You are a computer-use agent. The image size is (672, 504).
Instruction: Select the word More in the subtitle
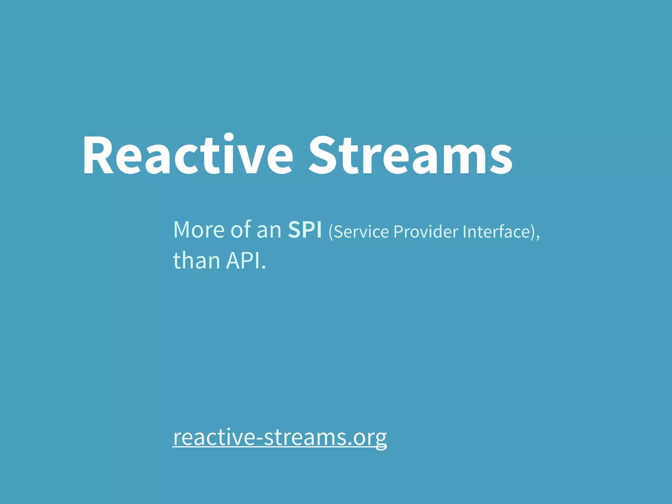[x=199, y=230]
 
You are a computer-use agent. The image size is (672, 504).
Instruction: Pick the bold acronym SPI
[x=305, y=230]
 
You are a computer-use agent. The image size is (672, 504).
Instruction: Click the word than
[x=196, y=261]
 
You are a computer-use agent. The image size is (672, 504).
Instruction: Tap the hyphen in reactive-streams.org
[x=259, y=438]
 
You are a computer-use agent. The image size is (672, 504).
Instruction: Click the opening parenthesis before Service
[x=331, y=232]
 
